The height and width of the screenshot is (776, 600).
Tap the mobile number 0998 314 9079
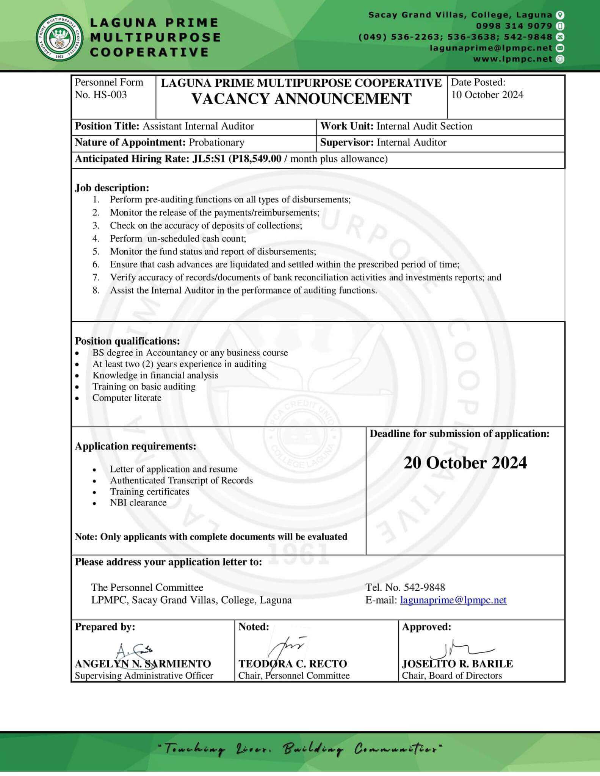pyautogui.click(x=514, y=26)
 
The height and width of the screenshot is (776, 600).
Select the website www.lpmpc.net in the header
pyautogui.click(x=512, y=59)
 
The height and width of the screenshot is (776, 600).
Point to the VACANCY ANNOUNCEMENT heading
pyautogui.click(x=301, y=99)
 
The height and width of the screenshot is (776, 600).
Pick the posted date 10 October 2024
pyautogui.click(x=487, y=95)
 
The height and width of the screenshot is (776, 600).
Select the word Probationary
pyautogui.click(x=216, y=142)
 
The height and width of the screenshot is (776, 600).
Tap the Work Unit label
pyautogui.click(x=347, y=126)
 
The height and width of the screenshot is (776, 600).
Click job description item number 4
pyautogui.click(x=178, y=239)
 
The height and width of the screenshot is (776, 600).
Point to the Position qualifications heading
pyautogui.click(x=127, y=341)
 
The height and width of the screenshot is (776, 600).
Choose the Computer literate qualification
pyautogui.click(x=127, y=398)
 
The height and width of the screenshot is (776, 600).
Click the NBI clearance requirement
pyautogui.click(x=138, y=503)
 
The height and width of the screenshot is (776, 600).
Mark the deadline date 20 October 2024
pyautogui.click(x=465, y=463)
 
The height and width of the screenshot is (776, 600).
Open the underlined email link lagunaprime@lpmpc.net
pyautogui.click(x=453, y=600)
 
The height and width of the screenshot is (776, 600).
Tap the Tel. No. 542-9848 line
pyautogui.click(x=405, y=587)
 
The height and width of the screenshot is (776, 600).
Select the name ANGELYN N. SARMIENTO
pyautogui.click(x=143, y=664)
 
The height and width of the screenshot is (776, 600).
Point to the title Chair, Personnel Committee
pyautogui.click(x=294, y=676)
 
